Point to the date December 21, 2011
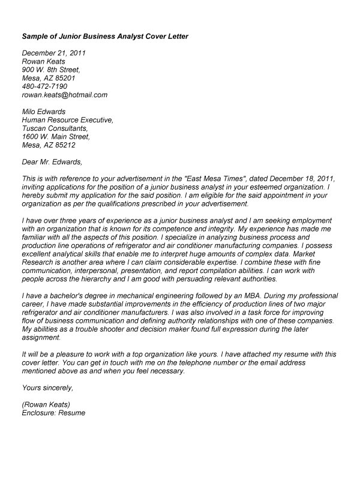[53, 53]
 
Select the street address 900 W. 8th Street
[50, 70]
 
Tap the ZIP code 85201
[62, 78]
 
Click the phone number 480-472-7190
[44, 86]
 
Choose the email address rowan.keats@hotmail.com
[64, 95]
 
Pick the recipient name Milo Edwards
[44, 112]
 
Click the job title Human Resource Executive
[67, 120]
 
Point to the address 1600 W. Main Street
[55, 137]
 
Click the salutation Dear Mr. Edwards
[51, 162]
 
